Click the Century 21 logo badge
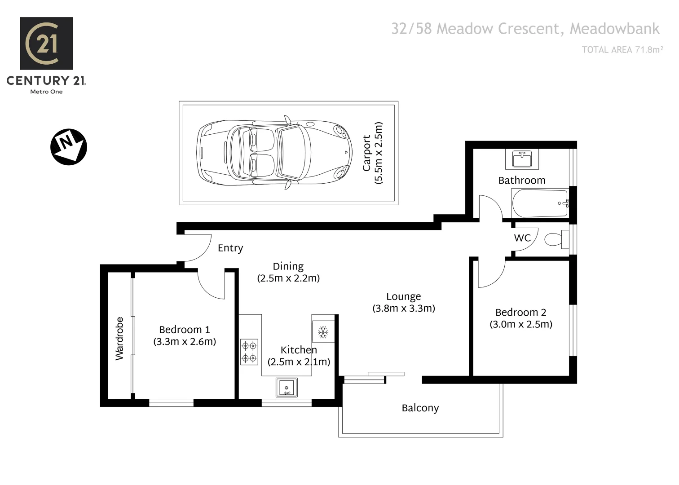click(46, 44)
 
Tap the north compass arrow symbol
click(68, 147)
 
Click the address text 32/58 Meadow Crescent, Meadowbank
click(525, 29)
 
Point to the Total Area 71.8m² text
click(622, 50)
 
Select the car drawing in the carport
click(274, 153)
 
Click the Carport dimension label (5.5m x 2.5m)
click(373, 153)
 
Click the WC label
click(522, 238)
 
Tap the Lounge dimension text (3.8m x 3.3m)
click(403, 309)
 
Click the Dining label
click(288, 266)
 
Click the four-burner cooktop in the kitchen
click(249, 352)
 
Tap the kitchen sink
click(287, 388)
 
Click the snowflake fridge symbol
click(323, 332)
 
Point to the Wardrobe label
click(119, 338)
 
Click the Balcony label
click(420, 408)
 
